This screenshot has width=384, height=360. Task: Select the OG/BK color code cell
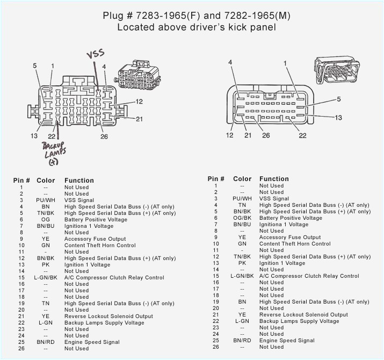tap(242, 218)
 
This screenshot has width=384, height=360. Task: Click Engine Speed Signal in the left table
tap(92, 342)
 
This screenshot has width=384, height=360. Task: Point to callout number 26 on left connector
tap(104, 136)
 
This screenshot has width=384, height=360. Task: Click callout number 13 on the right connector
tap(338, 118)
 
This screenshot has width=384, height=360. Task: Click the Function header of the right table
tap(274, 179)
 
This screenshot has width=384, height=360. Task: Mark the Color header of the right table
tap(242, 179)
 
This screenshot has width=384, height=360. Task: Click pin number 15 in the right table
tap(215, 276)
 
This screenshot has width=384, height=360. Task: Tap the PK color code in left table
tap(46, 265)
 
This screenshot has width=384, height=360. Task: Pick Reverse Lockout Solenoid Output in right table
tap(303, 315)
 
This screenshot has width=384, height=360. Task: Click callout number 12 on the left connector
tap(139, 101)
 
